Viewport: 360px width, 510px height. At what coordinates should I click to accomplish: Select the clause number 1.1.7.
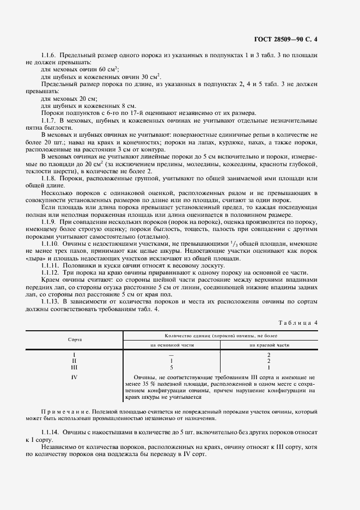tap(50, 120)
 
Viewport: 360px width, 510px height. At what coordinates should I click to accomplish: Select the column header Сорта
tap(75, 339)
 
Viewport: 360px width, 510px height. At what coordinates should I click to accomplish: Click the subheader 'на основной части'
tap(172, 345)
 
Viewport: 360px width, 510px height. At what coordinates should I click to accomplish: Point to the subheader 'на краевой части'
tap(269, 345)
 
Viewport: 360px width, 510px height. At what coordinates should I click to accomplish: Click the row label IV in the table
tap(74, 377)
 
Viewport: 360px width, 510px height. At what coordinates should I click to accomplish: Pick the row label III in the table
tap(74, 367)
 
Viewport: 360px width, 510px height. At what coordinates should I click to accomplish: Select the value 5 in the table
tap(172, 367)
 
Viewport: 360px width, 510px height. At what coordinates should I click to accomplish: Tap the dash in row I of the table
tap(172, 355)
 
